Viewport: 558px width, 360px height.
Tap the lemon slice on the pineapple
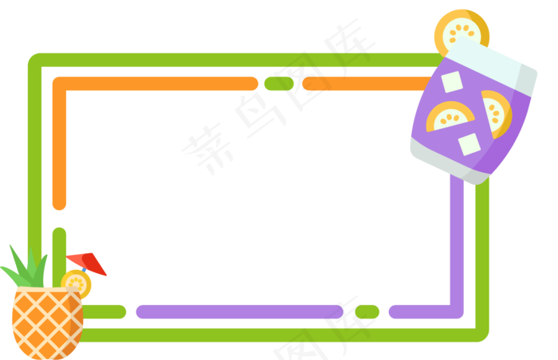(x=76, y=282)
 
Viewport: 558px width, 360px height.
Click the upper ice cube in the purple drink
(x=452, y=82)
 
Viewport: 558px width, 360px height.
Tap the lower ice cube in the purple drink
(x=469, y=144)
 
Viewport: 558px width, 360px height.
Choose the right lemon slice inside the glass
(x=496, y=112)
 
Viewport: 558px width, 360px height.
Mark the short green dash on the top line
(x=278, y=84)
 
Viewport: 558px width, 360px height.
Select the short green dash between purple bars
(x=367, y=311)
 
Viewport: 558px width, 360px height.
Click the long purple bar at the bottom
(x=238, y=311)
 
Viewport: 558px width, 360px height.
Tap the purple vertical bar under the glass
(x=457, y=239)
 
